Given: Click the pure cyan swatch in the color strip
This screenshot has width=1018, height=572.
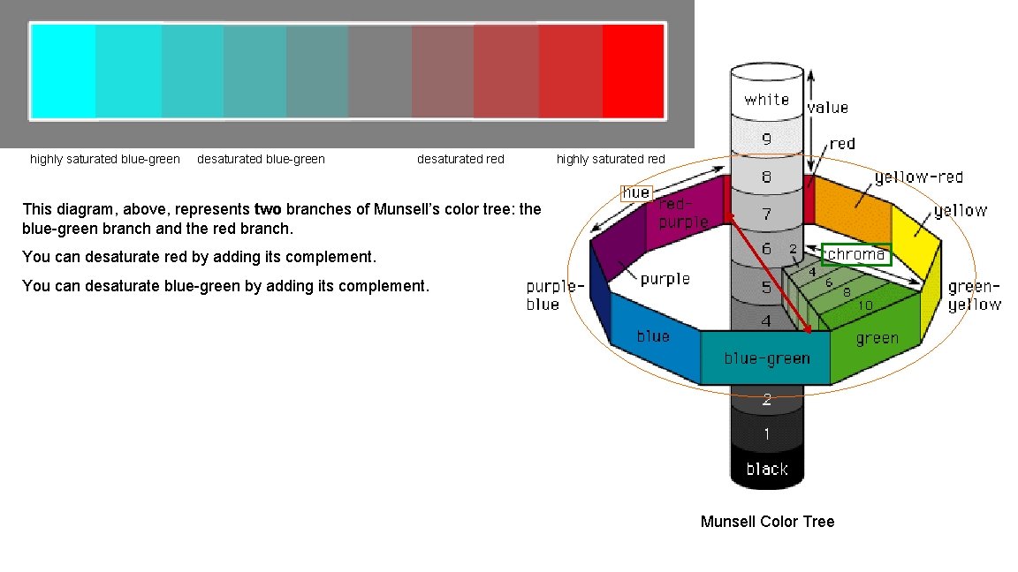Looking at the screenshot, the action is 63,71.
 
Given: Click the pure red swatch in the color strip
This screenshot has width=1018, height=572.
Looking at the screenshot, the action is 633,71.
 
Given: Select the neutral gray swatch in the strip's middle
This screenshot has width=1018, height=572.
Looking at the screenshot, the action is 380,71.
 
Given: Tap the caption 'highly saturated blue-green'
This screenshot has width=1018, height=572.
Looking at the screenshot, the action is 105,159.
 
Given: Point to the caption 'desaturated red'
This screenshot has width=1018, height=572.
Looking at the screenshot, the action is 460,159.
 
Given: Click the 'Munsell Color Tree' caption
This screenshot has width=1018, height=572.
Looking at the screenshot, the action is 767,521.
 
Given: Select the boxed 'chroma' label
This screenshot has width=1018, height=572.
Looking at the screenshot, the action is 856,254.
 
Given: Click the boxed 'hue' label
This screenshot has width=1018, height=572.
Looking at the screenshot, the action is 636,192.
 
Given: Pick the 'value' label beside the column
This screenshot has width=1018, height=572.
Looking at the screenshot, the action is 827,108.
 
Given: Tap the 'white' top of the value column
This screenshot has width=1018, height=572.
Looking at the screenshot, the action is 766,99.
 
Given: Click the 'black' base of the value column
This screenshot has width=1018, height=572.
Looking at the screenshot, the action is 766,469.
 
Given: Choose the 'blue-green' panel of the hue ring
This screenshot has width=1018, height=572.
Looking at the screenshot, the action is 766,357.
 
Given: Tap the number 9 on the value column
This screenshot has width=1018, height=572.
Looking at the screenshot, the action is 766,138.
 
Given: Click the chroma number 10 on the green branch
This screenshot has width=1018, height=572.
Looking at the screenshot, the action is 865,305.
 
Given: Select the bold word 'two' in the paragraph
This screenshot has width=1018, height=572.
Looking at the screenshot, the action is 267,209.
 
